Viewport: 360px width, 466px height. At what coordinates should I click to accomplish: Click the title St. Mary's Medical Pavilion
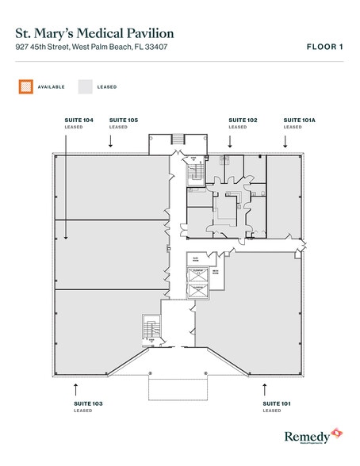click(95, 33)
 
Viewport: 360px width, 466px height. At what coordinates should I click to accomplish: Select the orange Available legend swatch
click(26, 86)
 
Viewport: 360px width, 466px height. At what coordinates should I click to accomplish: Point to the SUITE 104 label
click(79, 120)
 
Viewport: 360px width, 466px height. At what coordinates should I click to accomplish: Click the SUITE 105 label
click(124, 120)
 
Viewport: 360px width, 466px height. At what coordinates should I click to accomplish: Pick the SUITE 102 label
click(243, 120)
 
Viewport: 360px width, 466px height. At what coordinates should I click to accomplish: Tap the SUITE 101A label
click(299, 120)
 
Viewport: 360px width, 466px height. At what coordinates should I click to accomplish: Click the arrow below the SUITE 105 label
click(111, 140)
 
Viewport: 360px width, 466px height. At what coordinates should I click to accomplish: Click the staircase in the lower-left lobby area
click(147, 327)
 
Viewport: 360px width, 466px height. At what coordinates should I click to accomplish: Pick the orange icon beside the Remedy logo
click(336, 433)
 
